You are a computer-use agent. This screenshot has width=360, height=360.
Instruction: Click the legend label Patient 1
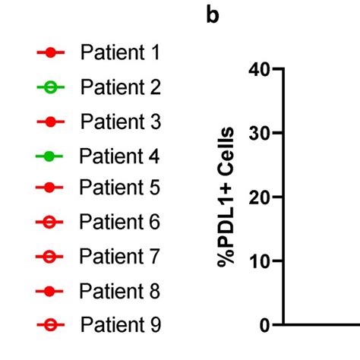click(120, 53)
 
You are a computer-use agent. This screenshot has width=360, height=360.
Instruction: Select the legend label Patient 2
click(120, 87)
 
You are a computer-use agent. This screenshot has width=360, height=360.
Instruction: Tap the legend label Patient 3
click(120, 121)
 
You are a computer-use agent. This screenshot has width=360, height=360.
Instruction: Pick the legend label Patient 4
click(120, 156)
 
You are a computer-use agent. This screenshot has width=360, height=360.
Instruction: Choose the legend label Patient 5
click(120, 187)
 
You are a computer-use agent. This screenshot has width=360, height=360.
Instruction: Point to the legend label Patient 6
click(120, 223)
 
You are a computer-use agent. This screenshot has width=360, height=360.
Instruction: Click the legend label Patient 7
click(120, 257)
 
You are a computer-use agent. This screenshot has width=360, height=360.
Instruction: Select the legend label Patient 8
click(120, 291)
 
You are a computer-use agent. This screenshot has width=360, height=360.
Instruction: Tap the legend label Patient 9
click(120, 325)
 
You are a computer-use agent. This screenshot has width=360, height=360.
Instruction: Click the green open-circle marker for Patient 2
click(51, 88)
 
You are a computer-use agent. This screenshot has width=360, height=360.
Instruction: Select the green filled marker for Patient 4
click(51, 157)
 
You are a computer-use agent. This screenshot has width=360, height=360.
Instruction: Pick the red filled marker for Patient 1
click(51, 54)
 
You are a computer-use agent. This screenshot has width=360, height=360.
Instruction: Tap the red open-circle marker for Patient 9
click(51, 326)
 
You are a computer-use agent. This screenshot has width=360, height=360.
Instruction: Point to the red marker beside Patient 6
click(51, 223)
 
